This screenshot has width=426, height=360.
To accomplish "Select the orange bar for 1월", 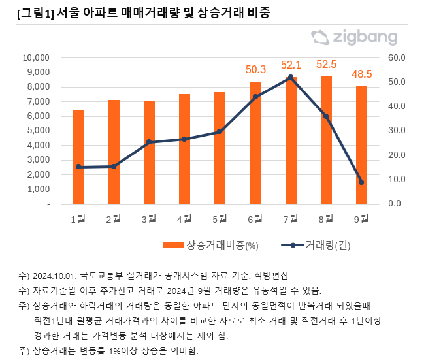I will [x=78, y=157].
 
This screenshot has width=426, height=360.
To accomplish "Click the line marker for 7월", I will [x=291, y=77].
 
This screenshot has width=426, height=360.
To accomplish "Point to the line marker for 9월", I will [x=361, y=182].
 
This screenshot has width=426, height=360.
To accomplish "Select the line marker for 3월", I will [x=149, y=142].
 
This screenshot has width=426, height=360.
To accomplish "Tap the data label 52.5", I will [x=326, y=65].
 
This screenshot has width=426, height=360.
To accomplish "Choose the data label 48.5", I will [x=361, y=74].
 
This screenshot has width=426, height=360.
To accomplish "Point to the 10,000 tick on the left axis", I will [x=37, y=57].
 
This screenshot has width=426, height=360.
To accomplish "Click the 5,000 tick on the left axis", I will [x=39, y=131].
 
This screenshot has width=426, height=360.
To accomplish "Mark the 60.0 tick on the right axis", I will [x=397, y=57].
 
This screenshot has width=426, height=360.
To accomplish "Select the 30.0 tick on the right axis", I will [x=397, y=131].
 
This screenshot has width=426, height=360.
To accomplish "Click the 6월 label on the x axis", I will [x=255, y=218].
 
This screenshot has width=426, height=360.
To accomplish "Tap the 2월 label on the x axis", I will [x=114, y=218].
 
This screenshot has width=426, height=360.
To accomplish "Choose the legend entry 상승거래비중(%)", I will [x=211, y=246].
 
